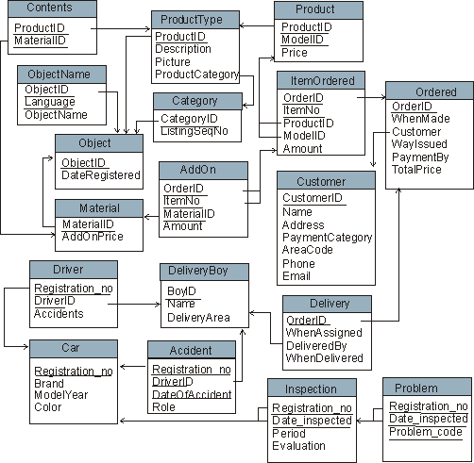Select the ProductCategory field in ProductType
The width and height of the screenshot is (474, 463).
point(196,74)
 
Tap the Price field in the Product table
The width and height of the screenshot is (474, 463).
point(294,53)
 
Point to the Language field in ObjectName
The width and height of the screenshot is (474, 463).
point(50,102)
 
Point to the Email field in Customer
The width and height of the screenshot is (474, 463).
point(296,278)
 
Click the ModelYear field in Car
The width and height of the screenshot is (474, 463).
point(63,394)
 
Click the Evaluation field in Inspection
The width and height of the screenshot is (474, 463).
point(299,446)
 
